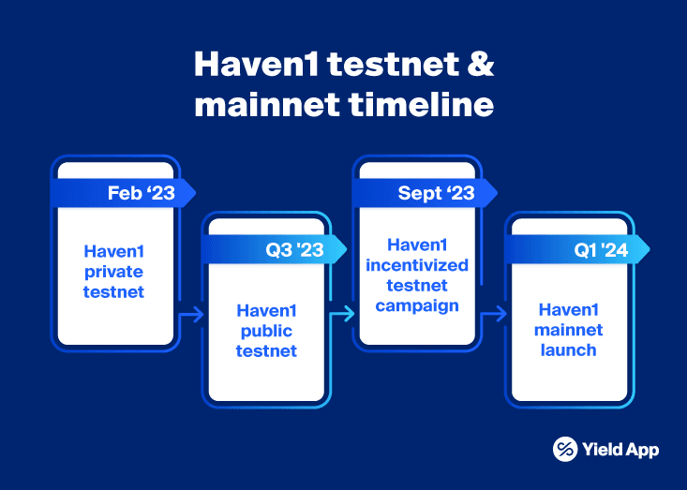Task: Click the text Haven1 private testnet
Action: click(114, 271)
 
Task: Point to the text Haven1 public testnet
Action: click(266, 331)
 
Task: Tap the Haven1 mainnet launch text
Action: click(568, 330)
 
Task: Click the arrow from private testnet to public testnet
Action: click(190, 315)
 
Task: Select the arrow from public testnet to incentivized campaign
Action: click(343, 315)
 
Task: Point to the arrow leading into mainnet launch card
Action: click(494, 315)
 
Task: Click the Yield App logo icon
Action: click(565, 450)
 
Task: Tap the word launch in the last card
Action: click(568, 349)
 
